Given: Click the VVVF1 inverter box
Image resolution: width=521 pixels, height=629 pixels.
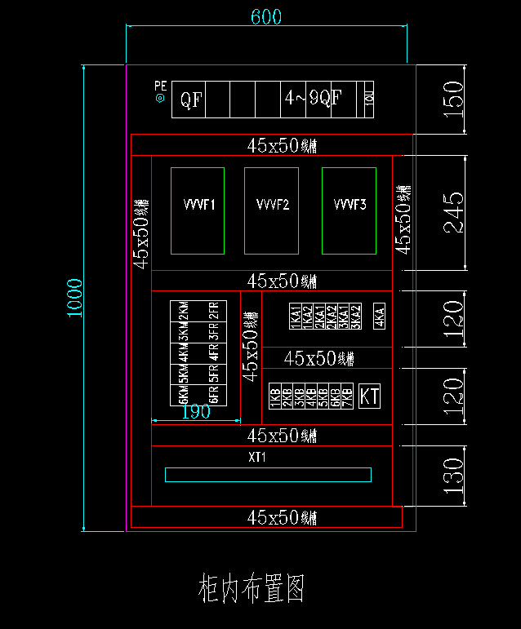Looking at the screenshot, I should [x=197, y=210].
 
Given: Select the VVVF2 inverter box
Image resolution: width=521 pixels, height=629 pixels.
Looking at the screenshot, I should [x=271, y=210].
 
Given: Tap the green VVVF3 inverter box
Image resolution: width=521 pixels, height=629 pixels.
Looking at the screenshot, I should [x=349, y=210].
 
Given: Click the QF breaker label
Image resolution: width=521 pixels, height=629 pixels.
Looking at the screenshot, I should [x=191, y=100].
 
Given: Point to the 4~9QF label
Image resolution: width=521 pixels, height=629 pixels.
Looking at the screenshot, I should [x=312, y=100].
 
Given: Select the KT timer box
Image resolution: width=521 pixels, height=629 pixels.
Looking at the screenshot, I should [x=370, y=396].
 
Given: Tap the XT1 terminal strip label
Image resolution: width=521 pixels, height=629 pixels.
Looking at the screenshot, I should [x=257, y=458].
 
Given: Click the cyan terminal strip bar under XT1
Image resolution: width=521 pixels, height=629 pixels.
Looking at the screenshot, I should [x=268, y=474].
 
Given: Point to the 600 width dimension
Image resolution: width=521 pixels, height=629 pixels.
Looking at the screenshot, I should [x=265, y=17].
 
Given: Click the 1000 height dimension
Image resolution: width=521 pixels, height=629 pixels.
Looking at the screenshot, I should [x=74, y=299].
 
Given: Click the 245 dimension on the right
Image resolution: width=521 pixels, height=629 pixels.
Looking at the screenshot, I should [x=453, y=213].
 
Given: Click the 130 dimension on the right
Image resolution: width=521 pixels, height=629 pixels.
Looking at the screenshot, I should [x=453, y=472].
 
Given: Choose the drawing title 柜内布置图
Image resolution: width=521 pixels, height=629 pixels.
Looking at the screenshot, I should [x=252, y=588].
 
